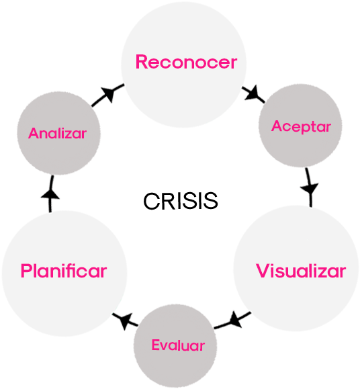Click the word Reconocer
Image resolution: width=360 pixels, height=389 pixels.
[x=186, y=62]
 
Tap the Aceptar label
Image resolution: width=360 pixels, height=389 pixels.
[x=301, y=127]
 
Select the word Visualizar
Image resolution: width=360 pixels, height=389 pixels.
[x=301, y=271]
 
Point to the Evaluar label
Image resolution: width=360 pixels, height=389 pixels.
[x=178, y=345]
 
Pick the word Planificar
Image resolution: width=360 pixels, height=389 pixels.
[x=64, y=271]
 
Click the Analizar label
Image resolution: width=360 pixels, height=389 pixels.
[x=57, y=133]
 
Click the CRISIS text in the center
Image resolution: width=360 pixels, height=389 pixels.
[x=181, y=201]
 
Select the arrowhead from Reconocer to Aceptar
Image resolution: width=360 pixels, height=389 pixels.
[x=253, y=93]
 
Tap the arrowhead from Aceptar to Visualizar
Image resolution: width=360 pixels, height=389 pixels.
[x=309, y=189]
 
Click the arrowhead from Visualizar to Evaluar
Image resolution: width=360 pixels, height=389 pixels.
[x=235, y=320]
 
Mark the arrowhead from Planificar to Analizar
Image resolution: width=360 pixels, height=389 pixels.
[x=50, y=193]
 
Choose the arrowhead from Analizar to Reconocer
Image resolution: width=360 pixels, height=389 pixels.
[x=108, y=94]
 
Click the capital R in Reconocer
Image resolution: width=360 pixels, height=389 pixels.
[x=142, y=62]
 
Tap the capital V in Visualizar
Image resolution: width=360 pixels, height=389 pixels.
[x=263, y=271]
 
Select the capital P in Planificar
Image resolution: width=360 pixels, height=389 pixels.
[x=26, y=271]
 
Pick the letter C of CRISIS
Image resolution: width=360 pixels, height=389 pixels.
[x=152, y=201]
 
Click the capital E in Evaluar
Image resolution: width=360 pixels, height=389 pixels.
[x=156, y=345]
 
